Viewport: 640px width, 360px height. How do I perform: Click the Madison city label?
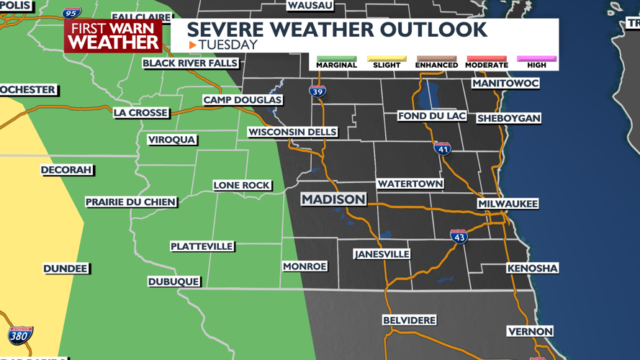333,199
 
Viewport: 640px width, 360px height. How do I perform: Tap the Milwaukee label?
508,204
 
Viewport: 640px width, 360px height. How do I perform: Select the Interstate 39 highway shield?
317,91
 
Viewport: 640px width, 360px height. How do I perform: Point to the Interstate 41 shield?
442,148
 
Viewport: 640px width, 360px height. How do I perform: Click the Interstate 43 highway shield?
459,236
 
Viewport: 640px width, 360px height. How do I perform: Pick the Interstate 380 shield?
20,335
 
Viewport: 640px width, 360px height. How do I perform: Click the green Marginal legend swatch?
336,58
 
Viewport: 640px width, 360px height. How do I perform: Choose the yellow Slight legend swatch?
387,58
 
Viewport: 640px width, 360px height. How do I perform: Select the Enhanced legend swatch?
436,58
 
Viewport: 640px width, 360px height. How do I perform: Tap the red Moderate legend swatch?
487,58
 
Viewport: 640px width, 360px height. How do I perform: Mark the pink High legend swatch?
536,58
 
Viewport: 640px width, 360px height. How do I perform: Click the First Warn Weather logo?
113,35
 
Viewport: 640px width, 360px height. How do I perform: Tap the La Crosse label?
141,112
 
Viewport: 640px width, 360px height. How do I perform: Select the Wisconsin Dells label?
292,132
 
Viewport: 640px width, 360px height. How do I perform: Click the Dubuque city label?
173,282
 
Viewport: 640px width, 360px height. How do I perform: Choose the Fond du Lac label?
432,116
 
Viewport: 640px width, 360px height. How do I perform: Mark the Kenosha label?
533,269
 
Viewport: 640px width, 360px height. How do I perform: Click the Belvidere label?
409,320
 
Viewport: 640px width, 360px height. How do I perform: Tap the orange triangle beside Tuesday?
193,45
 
